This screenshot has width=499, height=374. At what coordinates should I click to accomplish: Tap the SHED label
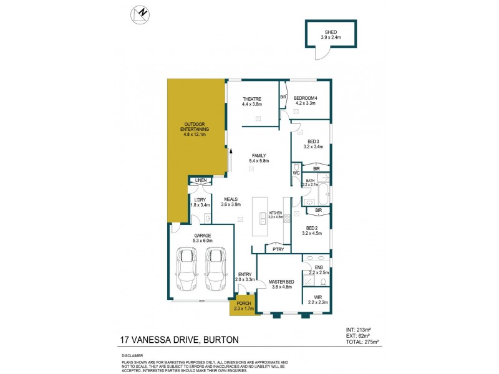(x=331, y=32)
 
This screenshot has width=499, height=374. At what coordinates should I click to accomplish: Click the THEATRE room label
(x=252, y=99)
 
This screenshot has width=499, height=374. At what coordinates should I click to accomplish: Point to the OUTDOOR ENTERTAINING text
(x=195, y=127)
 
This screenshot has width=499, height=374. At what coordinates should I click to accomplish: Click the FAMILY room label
(x=259, y=156)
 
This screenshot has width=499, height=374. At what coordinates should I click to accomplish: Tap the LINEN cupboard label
(x=200, y=180)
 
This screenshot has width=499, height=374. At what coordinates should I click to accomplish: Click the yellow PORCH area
(x=243, y=306)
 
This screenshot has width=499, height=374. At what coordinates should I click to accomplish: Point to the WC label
(x=297, y=173)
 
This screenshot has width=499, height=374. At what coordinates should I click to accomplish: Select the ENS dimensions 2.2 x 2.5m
(x=318, y=272)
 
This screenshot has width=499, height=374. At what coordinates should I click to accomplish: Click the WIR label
(x=317, y=297)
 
